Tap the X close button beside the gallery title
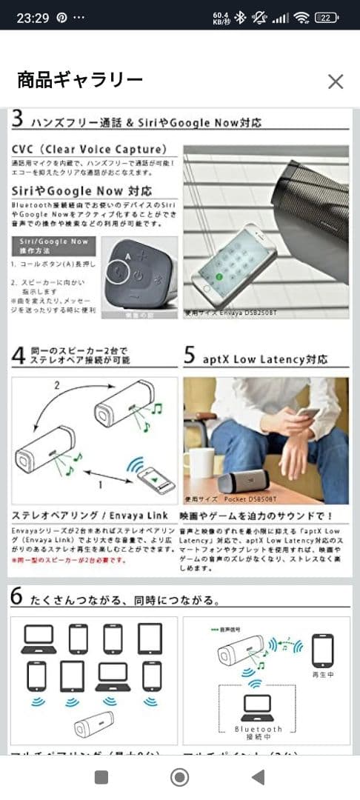336,81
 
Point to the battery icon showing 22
326,17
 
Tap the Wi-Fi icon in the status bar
301,17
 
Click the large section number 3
19,119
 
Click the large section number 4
19,356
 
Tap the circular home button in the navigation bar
179,776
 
